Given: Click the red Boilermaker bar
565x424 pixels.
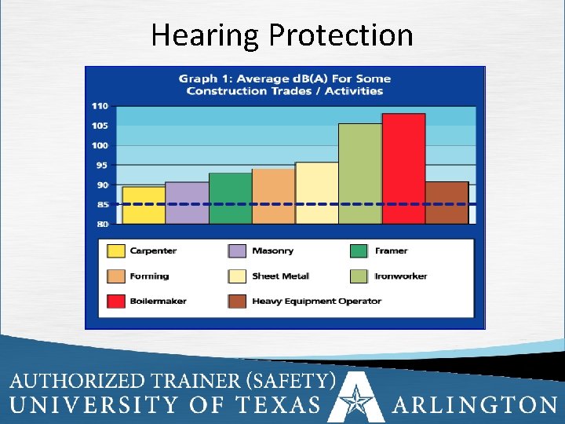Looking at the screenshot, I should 403,169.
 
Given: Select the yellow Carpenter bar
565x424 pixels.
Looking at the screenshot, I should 144,205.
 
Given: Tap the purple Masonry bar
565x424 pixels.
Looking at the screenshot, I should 187,203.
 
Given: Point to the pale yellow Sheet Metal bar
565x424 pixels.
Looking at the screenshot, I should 316,193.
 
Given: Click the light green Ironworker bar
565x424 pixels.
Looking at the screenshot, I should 360,174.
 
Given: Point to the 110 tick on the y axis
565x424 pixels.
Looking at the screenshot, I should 100,106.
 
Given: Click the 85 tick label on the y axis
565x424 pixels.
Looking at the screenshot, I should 102,204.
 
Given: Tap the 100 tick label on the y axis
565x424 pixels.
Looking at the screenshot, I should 100,145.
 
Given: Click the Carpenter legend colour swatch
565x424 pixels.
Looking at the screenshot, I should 115,251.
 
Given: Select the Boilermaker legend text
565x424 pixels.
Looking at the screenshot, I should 158,301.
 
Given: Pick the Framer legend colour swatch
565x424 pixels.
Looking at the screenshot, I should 359,251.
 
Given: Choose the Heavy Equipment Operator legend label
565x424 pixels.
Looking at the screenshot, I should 316,301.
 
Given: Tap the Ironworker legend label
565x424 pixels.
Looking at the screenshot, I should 401,276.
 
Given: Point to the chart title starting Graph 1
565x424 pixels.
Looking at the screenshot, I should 284,85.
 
